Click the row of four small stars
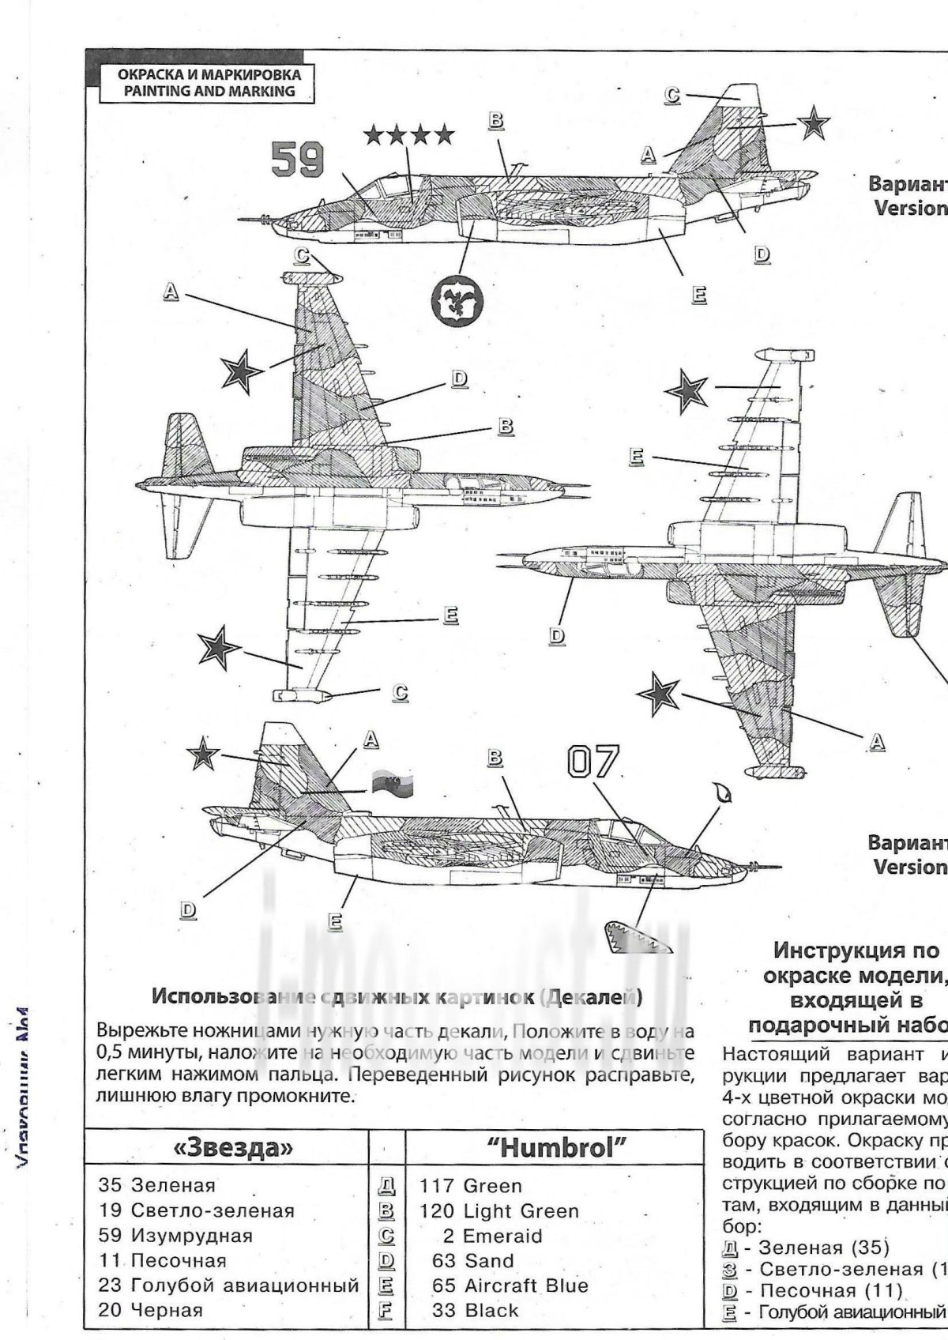point(409,134)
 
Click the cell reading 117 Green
point(472,1186)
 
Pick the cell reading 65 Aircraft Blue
point(510,1285)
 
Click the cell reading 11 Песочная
point(163,1260)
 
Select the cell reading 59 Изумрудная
point(175,1236)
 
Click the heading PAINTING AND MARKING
point(202,91)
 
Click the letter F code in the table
point(388,1310)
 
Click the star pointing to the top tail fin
point(813,124)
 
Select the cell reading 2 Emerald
point(492,1236)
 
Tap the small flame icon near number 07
point(720,791)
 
